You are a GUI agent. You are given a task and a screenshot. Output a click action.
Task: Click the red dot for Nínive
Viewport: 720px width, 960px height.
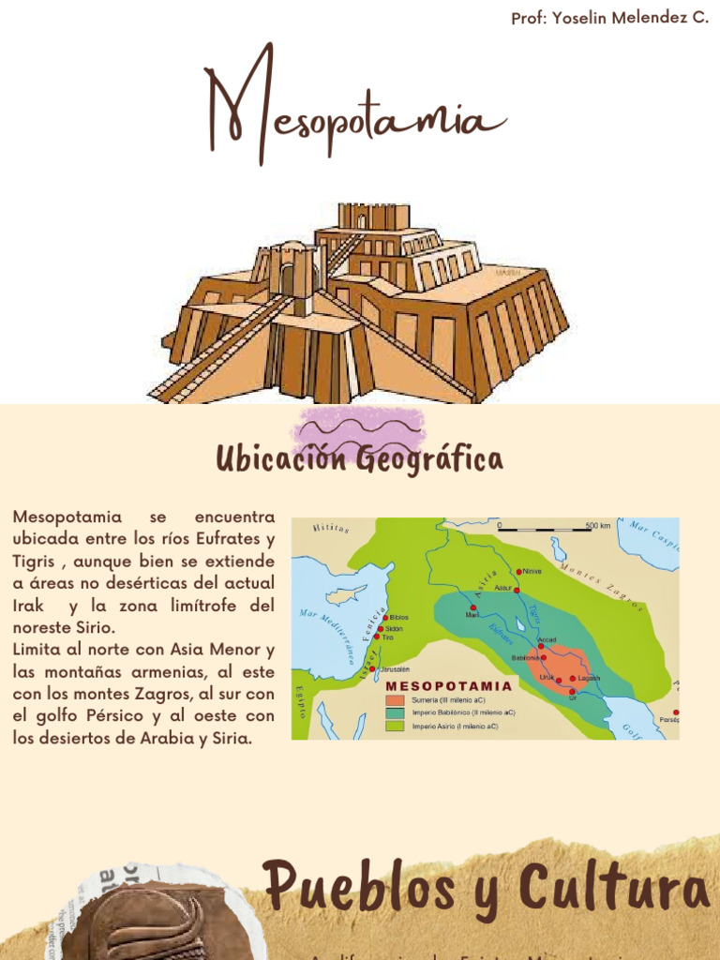[x=518, y=571]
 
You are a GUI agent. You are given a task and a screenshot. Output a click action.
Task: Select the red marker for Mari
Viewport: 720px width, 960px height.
[x=473, y=607]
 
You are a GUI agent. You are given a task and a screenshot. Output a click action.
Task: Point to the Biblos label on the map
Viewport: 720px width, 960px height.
[x=399, y=619]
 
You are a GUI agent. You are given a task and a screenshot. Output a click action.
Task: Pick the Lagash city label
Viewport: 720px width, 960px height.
[x=588, y=678]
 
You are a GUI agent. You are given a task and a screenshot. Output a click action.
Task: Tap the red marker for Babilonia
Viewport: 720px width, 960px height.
[x=542, y=658]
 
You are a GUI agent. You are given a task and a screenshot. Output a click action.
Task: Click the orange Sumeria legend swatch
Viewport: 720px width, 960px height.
[x=395, y=700]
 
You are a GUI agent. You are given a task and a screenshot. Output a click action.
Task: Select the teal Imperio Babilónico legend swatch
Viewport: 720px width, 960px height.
[x=395, y=712]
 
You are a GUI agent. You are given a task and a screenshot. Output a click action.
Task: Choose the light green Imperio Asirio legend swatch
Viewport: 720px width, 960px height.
[x=395, y=726]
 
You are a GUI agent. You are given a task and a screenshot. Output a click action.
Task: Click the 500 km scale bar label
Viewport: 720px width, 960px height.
[x=597, y=526]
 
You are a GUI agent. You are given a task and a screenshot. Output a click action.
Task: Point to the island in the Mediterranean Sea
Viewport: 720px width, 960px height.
[x=352, y=593]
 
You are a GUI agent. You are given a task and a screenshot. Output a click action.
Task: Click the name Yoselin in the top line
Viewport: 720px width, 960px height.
[x=583, y=18]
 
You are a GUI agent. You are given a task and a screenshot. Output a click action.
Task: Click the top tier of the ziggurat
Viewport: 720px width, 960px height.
[x=373, y=217]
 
